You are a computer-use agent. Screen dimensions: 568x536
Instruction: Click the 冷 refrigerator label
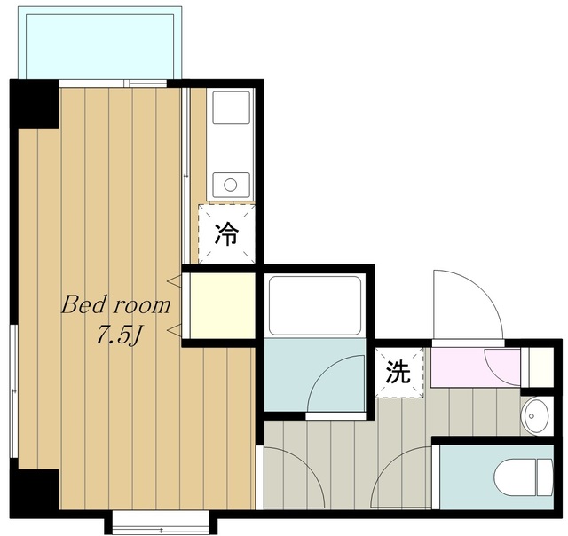tap(227, 234)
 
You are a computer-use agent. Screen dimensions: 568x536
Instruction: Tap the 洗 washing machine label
tap(398, 373)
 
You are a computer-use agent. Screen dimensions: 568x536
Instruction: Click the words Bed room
tap(116, 305)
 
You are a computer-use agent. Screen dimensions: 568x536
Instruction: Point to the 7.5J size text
tap(118, 336)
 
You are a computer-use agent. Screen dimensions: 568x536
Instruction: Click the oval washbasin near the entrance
tap(535, 416)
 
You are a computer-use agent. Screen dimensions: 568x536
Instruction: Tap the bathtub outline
tap(315, 305)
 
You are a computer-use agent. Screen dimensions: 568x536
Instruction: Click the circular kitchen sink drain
tap(231, 185)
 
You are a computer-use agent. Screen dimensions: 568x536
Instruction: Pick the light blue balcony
tap(100, 43)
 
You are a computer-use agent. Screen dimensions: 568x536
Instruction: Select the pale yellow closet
tap(223, 305)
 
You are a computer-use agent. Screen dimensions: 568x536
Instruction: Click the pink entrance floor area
tap(476, 367)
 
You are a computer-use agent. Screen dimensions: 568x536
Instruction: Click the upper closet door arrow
tap(174, 280)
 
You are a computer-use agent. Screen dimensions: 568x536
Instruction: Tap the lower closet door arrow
tap(174, 330)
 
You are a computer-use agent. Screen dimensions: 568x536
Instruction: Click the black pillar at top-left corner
tap(35, 104)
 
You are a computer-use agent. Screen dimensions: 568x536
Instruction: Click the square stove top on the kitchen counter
tap(231, 107)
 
